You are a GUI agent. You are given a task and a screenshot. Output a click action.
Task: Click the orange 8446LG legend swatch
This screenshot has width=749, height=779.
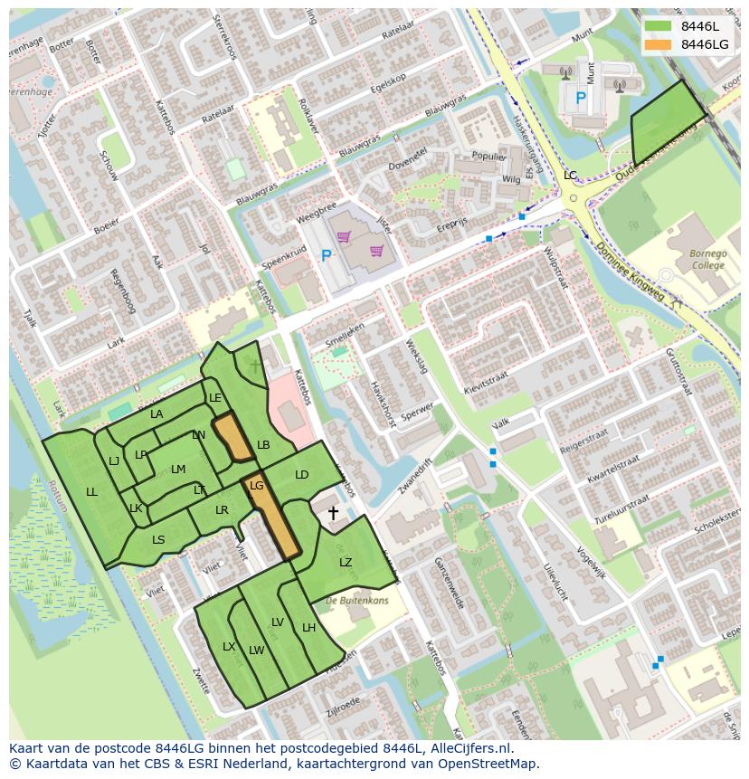(x=658, y=44)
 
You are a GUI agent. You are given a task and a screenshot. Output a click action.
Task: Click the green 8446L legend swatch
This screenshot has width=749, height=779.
(x=658, y=26)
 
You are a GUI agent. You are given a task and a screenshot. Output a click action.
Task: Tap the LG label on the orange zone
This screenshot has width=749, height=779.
(x=256, y=486)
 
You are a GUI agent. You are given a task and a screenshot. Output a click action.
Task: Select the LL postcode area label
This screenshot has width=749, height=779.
(x=91, y=492)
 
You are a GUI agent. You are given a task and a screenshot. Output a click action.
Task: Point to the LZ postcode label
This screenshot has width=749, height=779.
(x=346, y=563)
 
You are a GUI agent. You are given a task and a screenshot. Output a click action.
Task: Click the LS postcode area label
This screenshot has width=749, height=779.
(x=158, y=540)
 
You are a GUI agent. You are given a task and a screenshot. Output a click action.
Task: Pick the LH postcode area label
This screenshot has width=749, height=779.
(x=308, y=628)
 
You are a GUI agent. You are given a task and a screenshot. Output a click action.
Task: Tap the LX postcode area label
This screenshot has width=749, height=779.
(x=229, y=647)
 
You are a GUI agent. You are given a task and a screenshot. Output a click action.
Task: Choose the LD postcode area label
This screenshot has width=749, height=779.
(x=301, y=475)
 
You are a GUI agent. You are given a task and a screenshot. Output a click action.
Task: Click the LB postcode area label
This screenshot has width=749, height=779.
(x=263, y=445)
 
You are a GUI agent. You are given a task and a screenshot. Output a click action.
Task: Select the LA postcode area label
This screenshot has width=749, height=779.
(x=156, y=414)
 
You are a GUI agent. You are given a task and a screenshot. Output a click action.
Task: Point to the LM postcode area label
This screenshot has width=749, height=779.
(x=178, y=469)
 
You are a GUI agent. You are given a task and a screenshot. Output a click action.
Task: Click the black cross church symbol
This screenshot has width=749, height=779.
(x=333, y=514)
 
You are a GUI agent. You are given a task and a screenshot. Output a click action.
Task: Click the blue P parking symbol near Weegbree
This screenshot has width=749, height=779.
(x=326, y=256)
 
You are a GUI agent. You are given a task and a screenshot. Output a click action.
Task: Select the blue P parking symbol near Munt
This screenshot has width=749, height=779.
(x=581, y=97)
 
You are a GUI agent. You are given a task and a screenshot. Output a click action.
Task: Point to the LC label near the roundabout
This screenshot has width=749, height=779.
(x=570, y=175)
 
